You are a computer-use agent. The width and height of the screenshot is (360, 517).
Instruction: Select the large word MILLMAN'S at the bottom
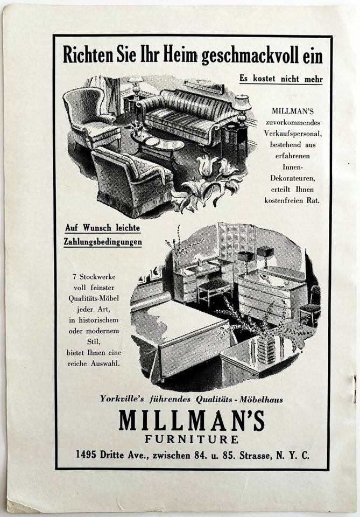point(192,420)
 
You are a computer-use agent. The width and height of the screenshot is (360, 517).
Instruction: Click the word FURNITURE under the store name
point(192,439)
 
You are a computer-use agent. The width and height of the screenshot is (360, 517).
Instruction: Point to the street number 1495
point(86,455)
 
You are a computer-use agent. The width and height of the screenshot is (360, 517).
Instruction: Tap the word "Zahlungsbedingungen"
point(103,242)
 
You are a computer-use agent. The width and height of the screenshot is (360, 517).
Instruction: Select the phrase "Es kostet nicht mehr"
point(281,79)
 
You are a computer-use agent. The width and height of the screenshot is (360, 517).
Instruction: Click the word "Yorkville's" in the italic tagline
point(122,399)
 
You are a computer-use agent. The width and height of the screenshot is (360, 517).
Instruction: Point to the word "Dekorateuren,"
point(293,178)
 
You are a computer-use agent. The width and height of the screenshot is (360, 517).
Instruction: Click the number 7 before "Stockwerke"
point(74,277)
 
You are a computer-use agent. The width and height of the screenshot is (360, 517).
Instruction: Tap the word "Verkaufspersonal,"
point(293,134)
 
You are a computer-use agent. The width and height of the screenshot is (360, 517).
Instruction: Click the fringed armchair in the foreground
point(132,182)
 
